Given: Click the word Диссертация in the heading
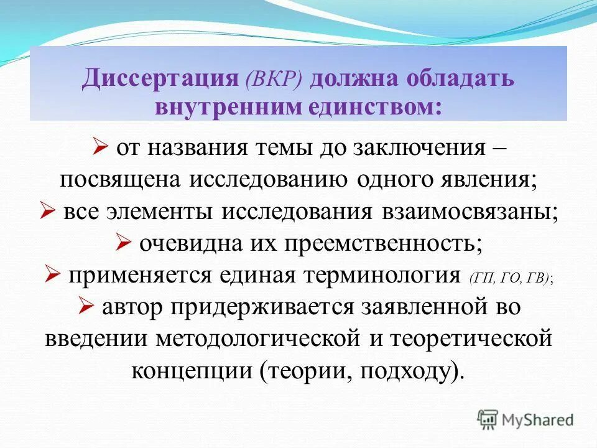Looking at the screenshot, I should coord(160,79).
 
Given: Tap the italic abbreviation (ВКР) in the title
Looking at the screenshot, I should coord(274,80).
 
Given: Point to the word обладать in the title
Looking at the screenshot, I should coord(457,79).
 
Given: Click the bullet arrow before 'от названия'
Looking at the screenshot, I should coord(100,147).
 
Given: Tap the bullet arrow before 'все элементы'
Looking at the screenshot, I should coord(47,210).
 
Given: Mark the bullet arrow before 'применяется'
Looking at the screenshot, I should coord(52,274).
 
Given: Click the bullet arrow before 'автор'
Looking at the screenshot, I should coord(86,306).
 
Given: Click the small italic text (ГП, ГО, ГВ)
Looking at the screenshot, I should coord(511,278).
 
